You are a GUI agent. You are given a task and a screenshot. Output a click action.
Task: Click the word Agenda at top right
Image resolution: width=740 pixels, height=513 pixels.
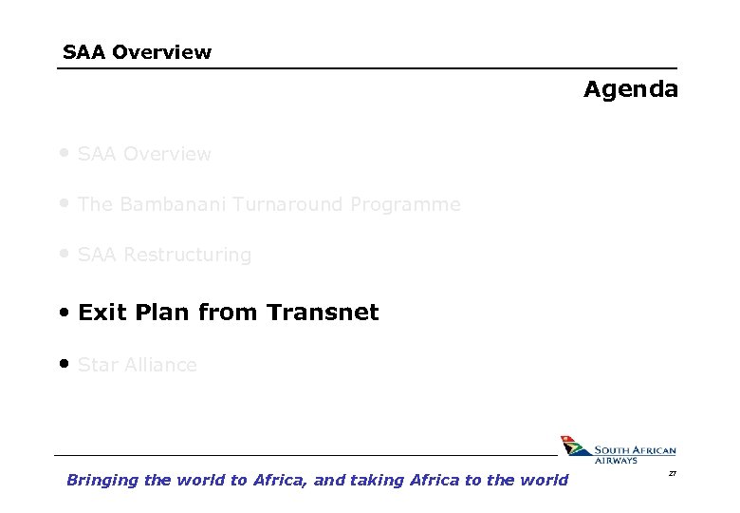[x=631, y=90]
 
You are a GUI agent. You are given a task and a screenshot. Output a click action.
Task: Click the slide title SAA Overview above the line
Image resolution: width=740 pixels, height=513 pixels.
[x=137, y=52]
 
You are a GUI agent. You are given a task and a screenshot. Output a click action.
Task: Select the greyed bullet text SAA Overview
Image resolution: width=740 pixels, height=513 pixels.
[x=144, y=154]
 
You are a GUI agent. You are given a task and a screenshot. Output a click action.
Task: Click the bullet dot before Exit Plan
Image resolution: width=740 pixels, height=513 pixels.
[x=64, y=312]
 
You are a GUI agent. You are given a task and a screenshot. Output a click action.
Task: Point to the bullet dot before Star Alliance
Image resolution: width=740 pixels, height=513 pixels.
[x=64, y=363]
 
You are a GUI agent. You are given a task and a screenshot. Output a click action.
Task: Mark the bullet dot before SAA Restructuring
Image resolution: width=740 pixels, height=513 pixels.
[x=64, y=254]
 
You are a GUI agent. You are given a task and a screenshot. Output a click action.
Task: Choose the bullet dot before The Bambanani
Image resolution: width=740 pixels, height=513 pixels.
[x=64, y=202]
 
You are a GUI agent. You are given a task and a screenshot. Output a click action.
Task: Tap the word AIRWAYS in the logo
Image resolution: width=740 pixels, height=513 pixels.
[x=616, y=461]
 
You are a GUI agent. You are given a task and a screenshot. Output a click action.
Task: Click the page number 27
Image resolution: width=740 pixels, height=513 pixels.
[x=673, y=472]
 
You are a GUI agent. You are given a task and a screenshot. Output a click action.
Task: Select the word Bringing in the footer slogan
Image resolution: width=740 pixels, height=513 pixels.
[x=102, y=480]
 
